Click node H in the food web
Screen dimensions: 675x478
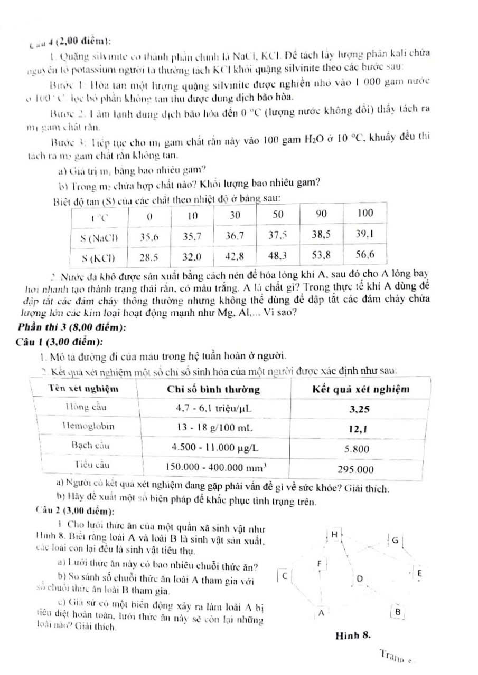[x=334, y=534]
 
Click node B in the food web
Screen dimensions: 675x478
[x=398, y=611]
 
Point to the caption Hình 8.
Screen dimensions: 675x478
[x=352, y=635]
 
